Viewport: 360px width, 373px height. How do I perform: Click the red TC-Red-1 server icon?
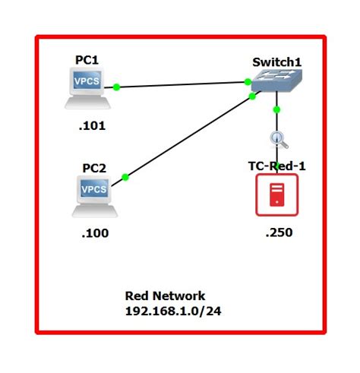tap(276, 195)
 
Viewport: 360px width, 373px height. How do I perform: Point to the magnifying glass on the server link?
tap(277, 139)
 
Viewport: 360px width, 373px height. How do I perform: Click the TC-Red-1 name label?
tap(276, 166)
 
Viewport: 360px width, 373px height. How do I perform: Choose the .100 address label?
tap(95, 233)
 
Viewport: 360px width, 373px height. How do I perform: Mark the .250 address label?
tap(278, 232)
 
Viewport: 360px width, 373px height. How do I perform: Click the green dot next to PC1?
tap(117, 87)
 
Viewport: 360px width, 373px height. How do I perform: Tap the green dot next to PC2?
tap(125, 177)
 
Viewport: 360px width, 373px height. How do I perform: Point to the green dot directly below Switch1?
tap(276, 109)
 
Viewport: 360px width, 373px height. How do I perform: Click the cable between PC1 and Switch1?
tap(182, 84)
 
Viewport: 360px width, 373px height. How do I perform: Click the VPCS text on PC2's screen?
tap(94, 188)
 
